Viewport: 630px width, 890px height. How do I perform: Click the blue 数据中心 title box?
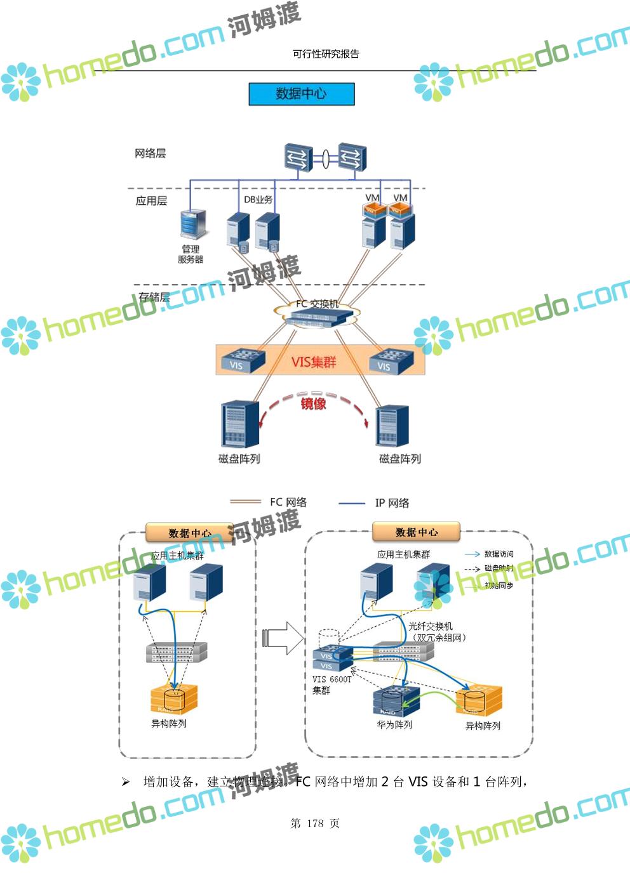pyautogui.click(x=301, y=94)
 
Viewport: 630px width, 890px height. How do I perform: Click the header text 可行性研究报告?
pyautogui.click(x=326, y=54)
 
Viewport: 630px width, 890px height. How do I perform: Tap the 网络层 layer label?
pyautogui.click(x=150, y=153)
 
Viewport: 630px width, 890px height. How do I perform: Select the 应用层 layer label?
pyautogui.click(x=151, y=200)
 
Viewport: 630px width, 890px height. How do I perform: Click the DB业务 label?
pyautogui.click(x=258, y=199)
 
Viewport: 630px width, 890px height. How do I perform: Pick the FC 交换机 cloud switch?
pyautogui.click(x=317, y=312)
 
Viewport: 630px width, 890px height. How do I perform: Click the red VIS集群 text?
pyautogui.click(x=313, y=362)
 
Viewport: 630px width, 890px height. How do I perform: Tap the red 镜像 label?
pyautogui.click(x=313, y=403)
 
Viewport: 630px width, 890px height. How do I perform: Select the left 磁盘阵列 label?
pyautogui.click(x=239, y=459)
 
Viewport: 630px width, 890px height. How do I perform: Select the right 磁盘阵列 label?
pyautogui.click(x=399, y=459)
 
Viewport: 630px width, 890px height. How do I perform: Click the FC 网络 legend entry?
pyautogui.click(x=288, y=502)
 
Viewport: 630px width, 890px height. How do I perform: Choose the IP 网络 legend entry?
pyautogui.click(x=391, y=503)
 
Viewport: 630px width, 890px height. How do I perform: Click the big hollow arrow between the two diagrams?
pyautogui.click(x=283, y=637)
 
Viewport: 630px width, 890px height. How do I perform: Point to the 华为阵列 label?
pyautogui.click(x=394, y=724)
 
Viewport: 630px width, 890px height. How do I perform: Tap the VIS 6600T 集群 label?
pyautogui.click(x=331, y=684)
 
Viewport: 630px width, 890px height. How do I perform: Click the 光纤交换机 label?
pyautogui.click(x=430, y=626)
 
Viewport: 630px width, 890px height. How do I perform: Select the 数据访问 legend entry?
pyautogui.click(x=499, y=554)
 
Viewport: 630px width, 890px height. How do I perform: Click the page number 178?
pyautogui.click(x=315, y=823)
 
